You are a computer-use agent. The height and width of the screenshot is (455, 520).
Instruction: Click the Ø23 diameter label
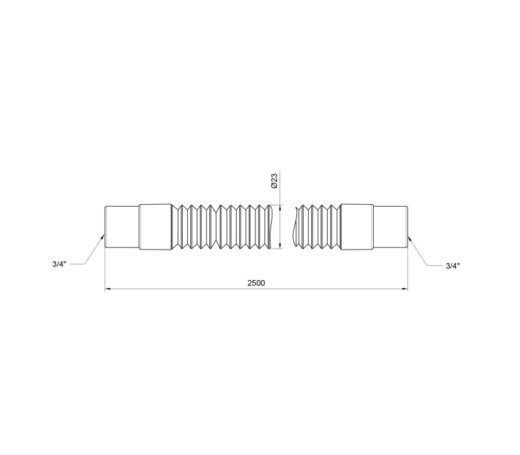[274, 181]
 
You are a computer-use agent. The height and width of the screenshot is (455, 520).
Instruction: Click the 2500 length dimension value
[256, 283]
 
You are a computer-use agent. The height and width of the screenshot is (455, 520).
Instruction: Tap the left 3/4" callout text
[59, 264]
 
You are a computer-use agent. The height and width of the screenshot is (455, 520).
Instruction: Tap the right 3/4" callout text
[452, 266]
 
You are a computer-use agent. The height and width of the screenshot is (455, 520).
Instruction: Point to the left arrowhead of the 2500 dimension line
[107, 289]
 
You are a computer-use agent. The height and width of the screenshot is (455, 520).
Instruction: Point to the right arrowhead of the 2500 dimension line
[405, 289]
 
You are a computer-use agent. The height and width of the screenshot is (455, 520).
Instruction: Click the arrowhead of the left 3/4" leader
[103, 237]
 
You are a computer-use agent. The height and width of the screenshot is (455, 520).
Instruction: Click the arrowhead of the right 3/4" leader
[409, 238]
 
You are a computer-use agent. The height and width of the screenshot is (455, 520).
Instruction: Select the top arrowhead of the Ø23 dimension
[281, 207]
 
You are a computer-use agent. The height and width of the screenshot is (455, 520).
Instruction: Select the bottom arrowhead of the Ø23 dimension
[281, 246]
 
